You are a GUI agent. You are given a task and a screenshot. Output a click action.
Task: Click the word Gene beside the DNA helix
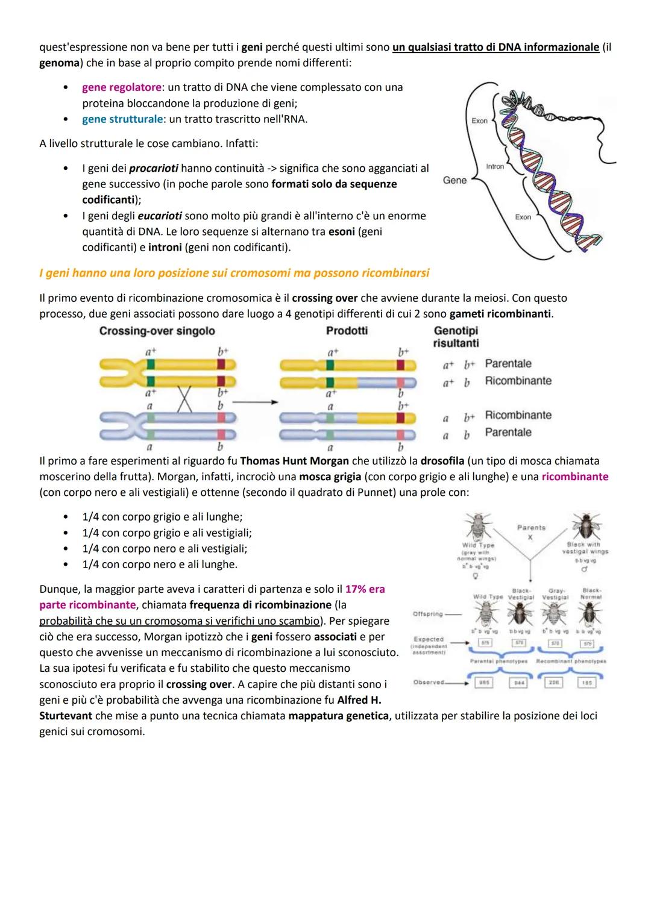[x=454, y=180]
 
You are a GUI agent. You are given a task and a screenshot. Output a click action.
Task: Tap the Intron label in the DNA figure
[x=495, y=166]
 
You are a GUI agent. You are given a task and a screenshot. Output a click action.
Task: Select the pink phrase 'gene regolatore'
[x=121, y=87]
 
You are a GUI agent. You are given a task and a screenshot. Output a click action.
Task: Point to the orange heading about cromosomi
[x=234, y=274]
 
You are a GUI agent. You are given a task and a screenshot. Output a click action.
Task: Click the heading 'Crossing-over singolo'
[x=157, y=331]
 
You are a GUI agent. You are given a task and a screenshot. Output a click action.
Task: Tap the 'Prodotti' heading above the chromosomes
[x=347, y=331]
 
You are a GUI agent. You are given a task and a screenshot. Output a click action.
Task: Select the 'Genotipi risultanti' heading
[x=456, y=337]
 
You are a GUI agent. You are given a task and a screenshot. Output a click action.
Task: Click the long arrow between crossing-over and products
[x=253, y=401]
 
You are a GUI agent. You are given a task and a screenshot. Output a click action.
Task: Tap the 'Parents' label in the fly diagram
[x=531, y=528]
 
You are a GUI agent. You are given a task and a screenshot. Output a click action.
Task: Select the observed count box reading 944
[x=518, y=683]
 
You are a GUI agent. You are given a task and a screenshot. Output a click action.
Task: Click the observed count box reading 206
[x=554, y=683]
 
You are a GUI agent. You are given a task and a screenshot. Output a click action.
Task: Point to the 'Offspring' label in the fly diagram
[x=428, y=614]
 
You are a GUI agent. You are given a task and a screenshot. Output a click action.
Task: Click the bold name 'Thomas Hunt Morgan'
[x=294, y=461]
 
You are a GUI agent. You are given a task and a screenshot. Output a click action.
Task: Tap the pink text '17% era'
[x=365, y=589]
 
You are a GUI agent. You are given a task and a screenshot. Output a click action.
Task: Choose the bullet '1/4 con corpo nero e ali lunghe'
[x=159, y=565]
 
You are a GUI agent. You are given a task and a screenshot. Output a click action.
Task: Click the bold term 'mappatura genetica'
[x=338, y=716]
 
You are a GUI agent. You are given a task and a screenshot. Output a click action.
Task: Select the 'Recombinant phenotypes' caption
[x=571, y=661]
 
